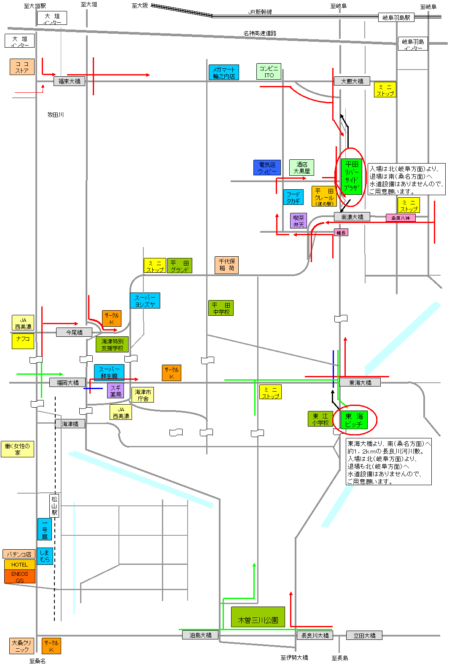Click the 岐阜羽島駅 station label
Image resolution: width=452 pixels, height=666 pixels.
coord(396,17)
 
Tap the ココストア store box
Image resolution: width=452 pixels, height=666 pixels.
coord(22,67)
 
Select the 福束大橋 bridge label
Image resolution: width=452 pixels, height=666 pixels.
coord(69,81)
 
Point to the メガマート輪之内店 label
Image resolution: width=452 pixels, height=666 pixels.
coord(223,73)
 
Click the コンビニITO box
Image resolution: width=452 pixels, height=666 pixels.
coord(269,72)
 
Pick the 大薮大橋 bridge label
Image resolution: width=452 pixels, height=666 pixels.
coord(352,81)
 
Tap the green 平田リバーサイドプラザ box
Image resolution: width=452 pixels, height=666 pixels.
coord(351,176)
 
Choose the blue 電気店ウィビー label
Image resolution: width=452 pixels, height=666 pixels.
coord(267,168)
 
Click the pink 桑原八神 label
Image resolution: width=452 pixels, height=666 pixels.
coord(400,218)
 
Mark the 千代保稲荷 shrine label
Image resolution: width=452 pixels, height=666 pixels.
coord(226,265)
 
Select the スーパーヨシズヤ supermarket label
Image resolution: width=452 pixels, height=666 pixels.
coord(145,301)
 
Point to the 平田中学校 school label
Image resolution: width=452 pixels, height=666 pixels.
coord(221,308)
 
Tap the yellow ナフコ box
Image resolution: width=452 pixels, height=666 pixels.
coord(23,341)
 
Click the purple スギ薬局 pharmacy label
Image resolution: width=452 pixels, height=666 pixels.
coord(115,391)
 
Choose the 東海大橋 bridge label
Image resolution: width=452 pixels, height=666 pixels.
coord(360,382)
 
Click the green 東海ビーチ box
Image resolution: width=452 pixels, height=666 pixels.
coord(354,420)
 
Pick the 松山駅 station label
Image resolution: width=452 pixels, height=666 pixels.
coord(54,506)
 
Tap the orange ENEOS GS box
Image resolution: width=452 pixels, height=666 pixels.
coord(19,577)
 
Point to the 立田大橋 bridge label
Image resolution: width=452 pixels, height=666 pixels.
coord(364,635)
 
